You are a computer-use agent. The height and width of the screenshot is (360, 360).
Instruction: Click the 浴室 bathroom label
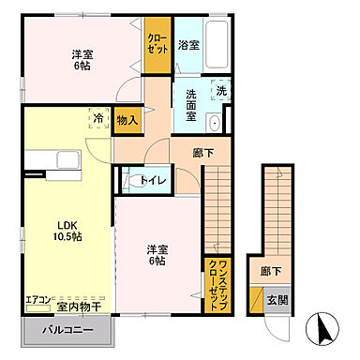point(188,44)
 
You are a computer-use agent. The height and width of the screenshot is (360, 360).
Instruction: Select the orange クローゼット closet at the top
point(157,44)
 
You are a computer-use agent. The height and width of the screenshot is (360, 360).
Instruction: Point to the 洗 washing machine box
point(221,92)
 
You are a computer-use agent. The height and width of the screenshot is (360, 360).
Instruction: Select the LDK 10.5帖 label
point(65,231)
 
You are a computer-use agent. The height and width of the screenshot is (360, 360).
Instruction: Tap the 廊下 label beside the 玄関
point(273,271)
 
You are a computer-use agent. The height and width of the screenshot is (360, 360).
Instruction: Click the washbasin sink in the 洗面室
point(215,123)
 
